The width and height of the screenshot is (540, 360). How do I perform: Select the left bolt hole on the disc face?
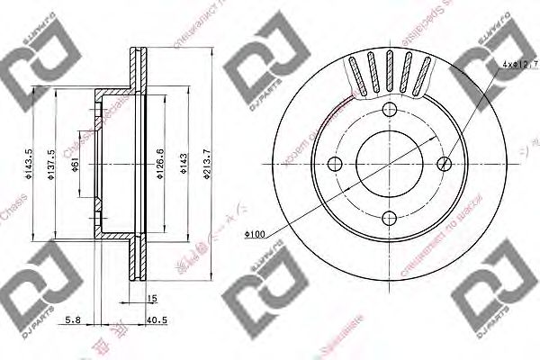[335, 165]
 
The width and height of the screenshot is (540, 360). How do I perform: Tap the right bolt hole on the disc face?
[446, 164]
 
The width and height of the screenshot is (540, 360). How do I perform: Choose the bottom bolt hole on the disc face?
[391, 219]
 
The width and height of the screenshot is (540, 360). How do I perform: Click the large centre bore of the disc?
[391, 164]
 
